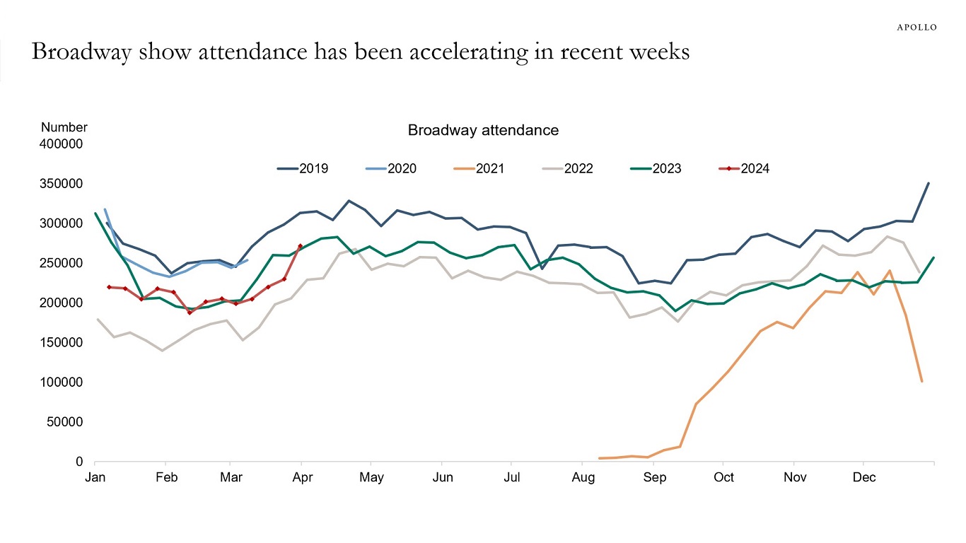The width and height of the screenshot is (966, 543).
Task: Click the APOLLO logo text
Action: click(916, 28)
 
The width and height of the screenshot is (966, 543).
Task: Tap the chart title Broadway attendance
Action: click(483, 130)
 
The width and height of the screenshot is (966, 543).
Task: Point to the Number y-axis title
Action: click(64, 127)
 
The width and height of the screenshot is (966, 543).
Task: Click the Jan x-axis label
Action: click(95, 477)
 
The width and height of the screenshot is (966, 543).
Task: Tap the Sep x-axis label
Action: click(654, 477)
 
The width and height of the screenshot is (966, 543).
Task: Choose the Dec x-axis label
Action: click(863, 477)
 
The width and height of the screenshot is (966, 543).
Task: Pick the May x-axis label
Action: click(371, 477)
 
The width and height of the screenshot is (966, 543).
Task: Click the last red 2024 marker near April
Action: click(301, 246)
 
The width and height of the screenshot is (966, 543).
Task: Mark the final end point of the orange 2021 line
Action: click(921, 382)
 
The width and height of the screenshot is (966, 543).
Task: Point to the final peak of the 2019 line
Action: click(929, 183)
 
